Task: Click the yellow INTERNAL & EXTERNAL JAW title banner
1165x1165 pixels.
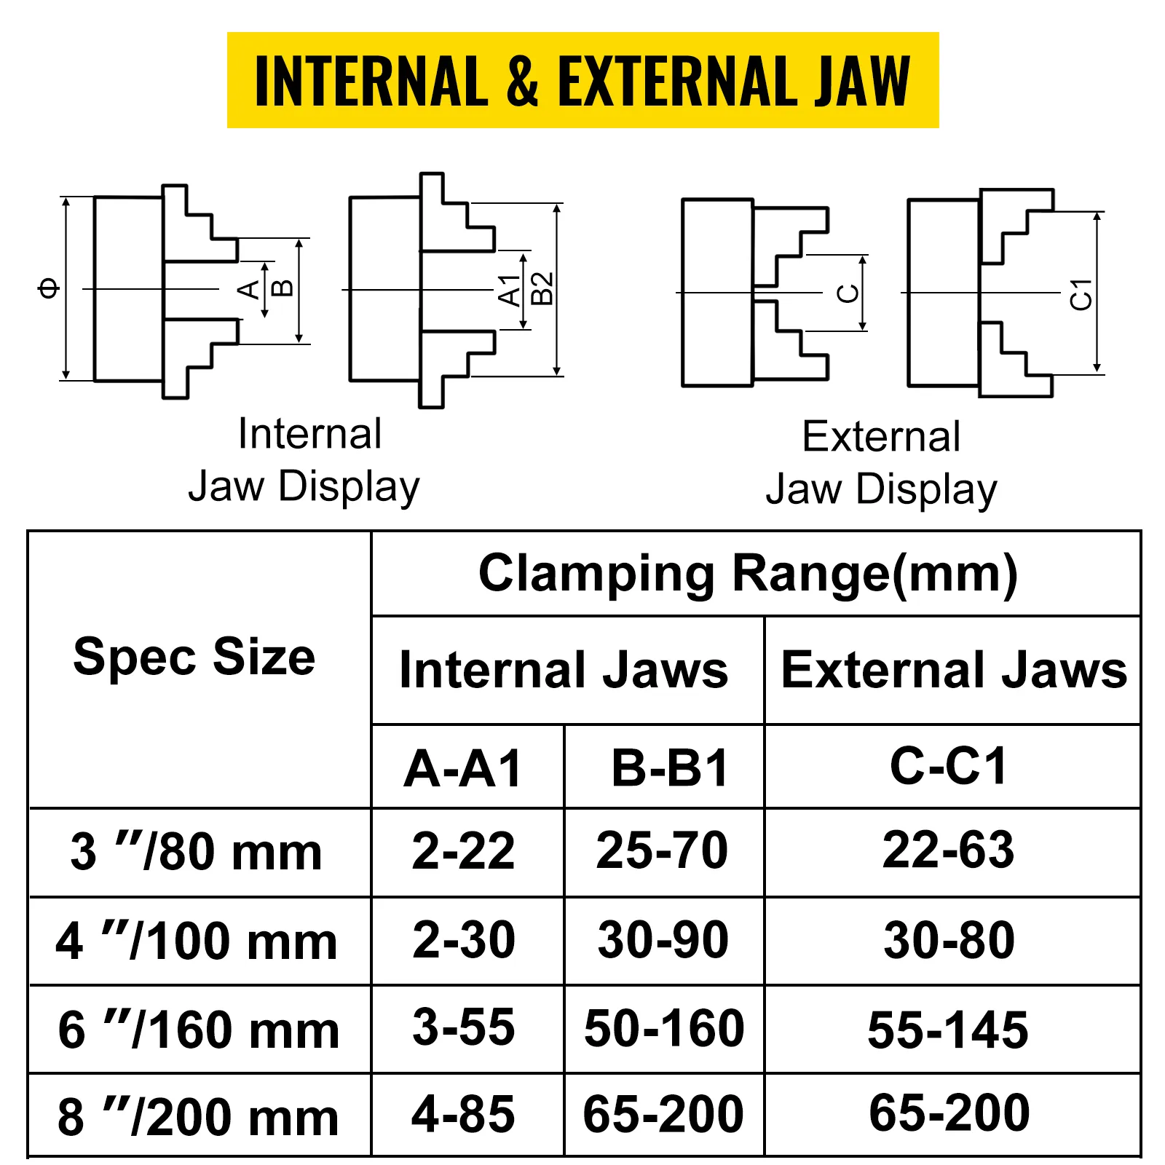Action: [582, 80]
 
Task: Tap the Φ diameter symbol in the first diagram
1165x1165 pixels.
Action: [49, 288]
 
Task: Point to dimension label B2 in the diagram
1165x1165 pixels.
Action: [542, 288]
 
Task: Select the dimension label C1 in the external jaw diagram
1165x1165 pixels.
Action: [1081, 294]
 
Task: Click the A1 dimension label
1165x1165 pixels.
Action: [510, 291]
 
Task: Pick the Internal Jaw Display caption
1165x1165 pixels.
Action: [304, 460]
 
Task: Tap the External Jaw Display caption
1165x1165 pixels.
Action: [881, 463]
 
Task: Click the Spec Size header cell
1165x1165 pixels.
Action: [194, 657]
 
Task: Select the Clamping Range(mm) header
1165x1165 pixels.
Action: [748, 574]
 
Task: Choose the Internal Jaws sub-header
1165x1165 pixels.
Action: [564, 670]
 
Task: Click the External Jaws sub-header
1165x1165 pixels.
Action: [954, 670]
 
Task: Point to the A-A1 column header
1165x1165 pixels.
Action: [464, 768]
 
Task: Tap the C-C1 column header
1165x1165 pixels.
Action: [949, 766]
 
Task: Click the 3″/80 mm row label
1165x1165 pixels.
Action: [196, 851]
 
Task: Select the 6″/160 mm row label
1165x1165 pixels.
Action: [199, 1030]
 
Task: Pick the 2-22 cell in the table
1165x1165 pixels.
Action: [463, 850]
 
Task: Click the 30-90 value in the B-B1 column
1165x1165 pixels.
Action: [663, 939]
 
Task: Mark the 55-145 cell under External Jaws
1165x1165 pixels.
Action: [948, 1030]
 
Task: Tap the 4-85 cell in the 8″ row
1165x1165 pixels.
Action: [463, 1114]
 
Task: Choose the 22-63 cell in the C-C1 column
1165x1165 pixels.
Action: [948, 850]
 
